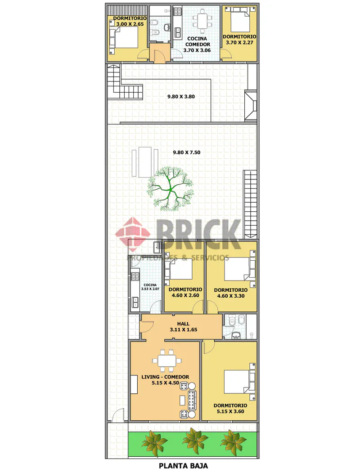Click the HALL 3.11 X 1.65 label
pyautogui.click(x=183, y=327)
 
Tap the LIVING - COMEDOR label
pyautogui.click(x=165, y=377)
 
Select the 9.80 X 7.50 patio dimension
pyautogui.click(x=186, y=152)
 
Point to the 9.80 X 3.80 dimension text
pyautogui.click(x=181, y=97)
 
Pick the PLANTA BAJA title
pyautogui.click(x=183, y=466)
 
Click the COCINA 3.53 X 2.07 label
pyautogui.click(x=150, y=287)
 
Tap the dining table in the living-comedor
pyautogui.click(x=167, y=361)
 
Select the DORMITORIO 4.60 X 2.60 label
pyautogui.click(x=185, y=292)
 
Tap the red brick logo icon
pyautogui.click(x=133, y=235)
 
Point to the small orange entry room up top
pyautogui.click(x=160, y=53)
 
